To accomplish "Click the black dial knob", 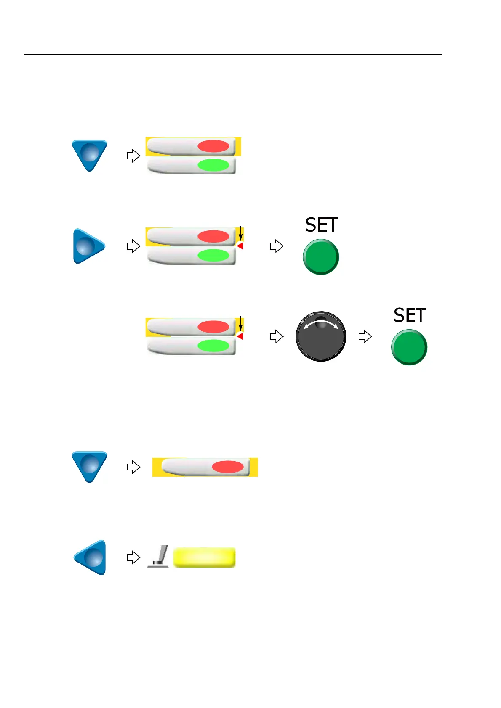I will click(321, 336).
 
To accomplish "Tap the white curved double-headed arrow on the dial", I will click(321, 324).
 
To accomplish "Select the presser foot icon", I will click(159, 557).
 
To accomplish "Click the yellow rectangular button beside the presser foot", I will click(204, 557).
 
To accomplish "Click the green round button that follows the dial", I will click(409, 347).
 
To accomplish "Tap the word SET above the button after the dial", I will click(410, 315).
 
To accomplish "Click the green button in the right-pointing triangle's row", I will click(321, 257).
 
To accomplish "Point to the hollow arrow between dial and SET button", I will click(365, 336).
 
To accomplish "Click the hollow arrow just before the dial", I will click(277, 336).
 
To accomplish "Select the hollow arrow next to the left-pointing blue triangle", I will click(133, 557).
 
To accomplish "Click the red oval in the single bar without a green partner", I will click(228, 467).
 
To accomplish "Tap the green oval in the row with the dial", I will click(213, 346).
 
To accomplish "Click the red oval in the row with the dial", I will click(213, 327).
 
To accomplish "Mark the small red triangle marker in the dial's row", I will click(240, 336).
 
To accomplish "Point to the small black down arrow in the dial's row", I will click(240, 324).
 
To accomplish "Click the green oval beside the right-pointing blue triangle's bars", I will click(213, 255).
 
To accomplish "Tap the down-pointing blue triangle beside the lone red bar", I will click(89, 466).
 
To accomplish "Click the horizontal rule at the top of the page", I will click(232, 55).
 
